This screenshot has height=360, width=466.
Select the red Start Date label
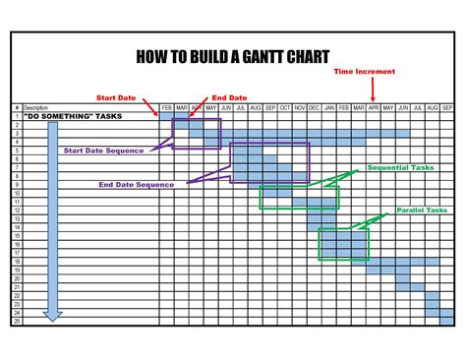coord(117,97)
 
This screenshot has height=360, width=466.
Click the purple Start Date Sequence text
coord(104,150)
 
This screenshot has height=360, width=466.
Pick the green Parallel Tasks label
coord(422,210)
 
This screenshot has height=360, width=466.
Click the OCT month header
coord(285,107)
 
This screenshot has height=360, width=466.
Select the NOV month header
coord(300,107)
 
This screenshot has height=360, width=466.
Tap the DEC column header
coord(315,107)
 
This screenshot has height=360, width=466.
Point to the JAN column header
coord(329,107)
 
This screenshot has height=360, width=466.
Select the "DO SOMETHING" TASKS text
coord(61,116)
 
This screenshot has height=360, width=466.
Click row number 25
coord(17,321)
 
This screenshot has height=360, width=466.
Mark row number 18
coord(17,263)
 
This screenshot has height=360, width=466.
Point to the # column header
coord(17,107)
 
